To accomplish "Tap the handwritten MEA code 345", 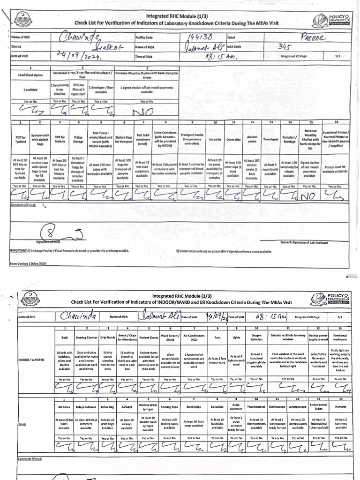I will (x=285, y=47).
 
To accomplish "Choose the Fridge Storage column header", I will (x=77, y=139).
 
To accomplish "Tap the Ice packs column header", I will (x=214, y=139).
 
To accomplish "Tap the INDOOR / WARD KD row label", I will (x=32, y=361).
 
